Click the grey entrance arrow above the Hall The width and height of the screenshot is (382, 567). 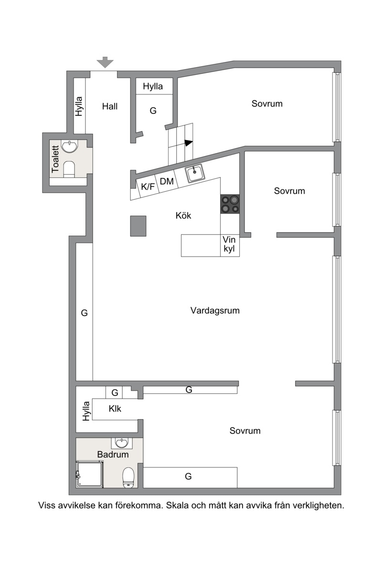pyautogui.click(x=106, y=62)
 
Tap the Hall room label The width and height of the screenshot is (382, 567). pyautogui.click(x=110, y=106)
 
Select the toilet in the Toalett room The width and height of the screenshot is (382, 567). pyautogui.click(x=69, y=169)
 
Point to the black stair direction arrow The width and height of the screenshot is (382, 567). pyautogui.click(x=189, y=143)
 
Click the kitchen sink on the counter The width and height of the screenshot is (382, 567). pyautogui.click(x=195, y=173)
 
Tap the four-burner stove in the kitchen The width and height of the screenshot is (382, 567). pyautogui.click(x=230, y=204)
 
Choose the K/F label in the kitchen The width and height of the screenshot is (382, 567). pyautogui.click(x=148, y=187)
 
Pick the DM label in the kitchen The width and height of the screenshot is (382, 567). pyautogui.click(x=167, y=181)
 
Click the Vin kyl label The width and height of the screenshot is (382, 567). pyautogui.click(x=229, y=244)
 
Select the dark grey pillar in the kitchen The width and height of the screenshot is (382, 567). pyautogui.click(x=138, y=226)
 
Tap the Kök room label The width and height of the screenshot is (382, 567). pyautogui.click(x=183, y=216)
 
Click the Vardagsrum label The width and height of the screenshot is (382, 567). pyautogui.click(x=215, y=310)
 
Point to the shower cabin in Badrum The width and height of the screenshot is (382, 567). pyautogui.click(x=89, y=474)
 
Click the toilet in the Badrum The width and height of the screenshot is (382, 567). pyautogui.click(x=128, y=477)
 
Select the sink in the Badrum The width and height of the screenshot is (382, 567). pyautogui.click(x=122, y=443)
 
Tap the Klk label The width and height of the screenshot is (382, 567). pyautogui.click(x=115, y=409)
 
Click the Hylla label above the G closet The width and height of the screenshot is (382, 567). pyautogui.click(x=153, y=86)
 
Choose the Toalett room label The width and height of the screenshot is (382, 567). pyautogui.click(x=55, y=159)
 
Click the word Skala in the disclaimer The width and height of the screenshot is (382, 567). pyautogui.click(x=177, y=505)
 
